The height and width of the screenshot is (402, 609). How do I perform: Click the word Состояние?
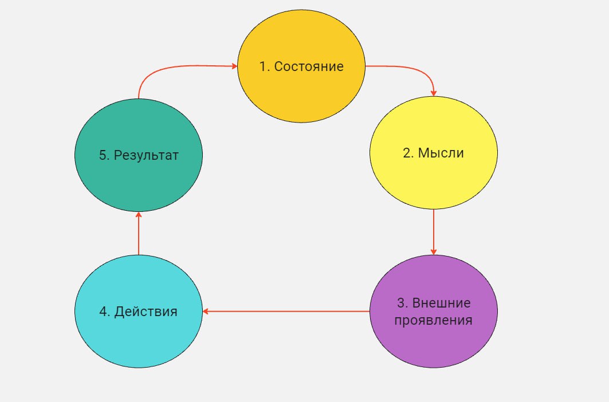[x=309, y=66]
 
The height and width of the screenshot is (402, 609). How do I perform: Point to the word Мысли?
[x=441, y=153]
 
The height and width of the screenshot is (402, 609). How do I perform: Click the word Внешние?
[x=441, y=302]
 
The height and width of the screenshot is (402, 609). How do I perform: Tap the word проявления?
[x=434, y=321]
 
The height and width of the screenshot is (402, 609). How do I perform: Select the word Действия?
[x=146, y=312]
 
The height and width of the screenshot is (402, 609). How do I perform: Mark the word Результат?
[x=146, y=155]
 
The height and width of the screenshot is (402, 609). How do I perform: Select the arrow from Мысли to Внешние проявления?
[x=434, y=232]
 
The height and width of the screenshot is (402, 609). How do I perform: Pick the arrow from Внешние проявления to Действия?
[x=286, y=311]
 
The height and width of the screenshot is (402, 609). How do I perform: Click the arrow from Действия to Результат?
[x=139, y=233]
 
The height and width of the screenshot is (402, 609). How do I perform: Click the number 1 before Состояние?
[x=263, y=66]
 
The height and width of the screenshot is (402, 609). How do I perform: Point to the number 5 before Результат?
[x=103, y=155]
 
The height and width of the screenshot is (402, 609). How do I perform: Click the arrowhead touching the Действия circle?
[x=206, y=311]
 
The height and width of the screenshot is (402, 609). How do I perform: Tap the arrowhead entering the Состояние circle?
[x=234, y=66]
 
